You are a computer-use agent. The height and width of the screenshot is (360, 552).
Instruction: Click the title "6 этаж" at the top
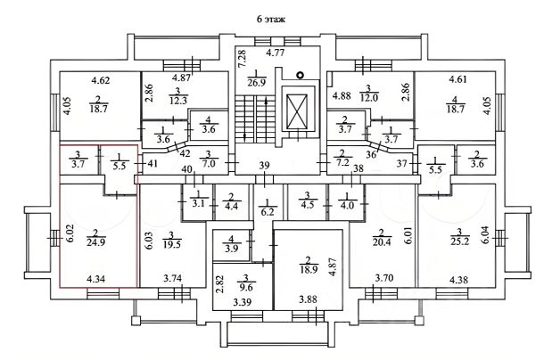pos(271,19)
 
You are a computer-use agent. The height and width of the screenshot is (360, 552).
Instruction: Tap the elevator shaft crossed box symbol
pos(297,112)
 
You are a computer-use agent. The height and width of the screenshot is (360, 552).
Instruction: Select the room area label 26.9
pos(256,82)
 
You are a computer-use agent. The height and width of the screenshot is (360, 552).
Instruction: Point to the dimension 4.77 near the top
pos(275,53)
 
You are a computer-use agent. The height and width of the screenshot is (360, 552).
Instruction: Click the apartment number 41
pos(152,163)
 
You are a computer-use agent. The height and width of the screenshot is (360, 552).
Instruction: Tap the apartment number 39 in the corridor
pos(264,166)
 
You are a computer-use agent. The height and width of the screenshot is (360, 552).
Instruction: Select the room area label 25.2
pos(460,241)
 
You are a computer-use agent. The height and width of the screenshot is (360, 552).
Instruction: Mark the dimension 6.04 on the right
pos(487,235)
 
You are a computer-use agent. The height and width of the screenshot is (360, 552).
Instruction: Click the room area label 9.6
pos(247,287)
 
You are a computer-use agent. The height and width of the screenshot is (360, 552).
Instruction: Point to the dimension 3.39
pos(243,301)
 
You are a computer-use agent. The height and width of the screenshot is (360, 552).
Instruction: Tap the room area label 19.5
pos(172,243)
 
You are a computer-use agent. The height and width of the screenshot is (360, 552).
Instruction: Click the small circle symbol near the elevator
pos(300,75)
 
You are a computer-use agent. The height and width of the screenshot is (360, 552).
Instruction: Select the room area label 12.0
pos(368,97)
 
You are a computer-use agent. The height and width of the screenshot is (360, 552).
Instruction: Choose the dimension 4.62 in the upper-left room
pos(101,80)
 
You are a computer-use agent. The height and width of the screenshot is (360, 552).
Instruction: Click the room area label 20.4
pos(382,241)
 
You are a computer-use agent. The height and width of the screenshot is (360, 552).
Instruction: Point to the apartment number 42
pos(185,153)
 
